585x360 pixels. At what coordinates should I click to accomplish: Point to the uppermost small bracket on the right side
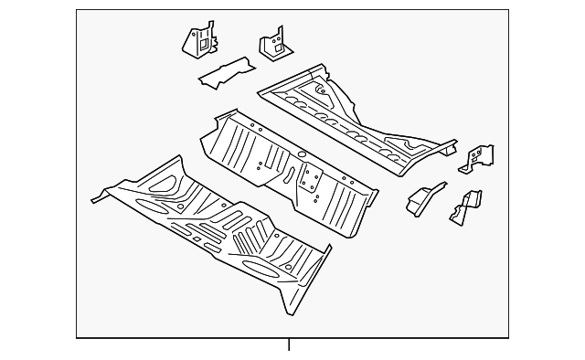point(479,157)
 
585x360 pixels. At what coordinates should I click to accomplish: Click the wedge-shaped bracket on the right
point(424,198)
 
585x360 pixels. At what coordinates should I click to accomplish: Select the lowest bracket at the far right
point(466,207)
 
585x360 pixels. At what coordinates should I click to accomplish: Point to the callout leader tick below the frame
point(289,344)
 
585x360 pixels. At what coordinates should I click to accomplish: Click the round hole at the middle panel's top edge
point(301,154)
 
